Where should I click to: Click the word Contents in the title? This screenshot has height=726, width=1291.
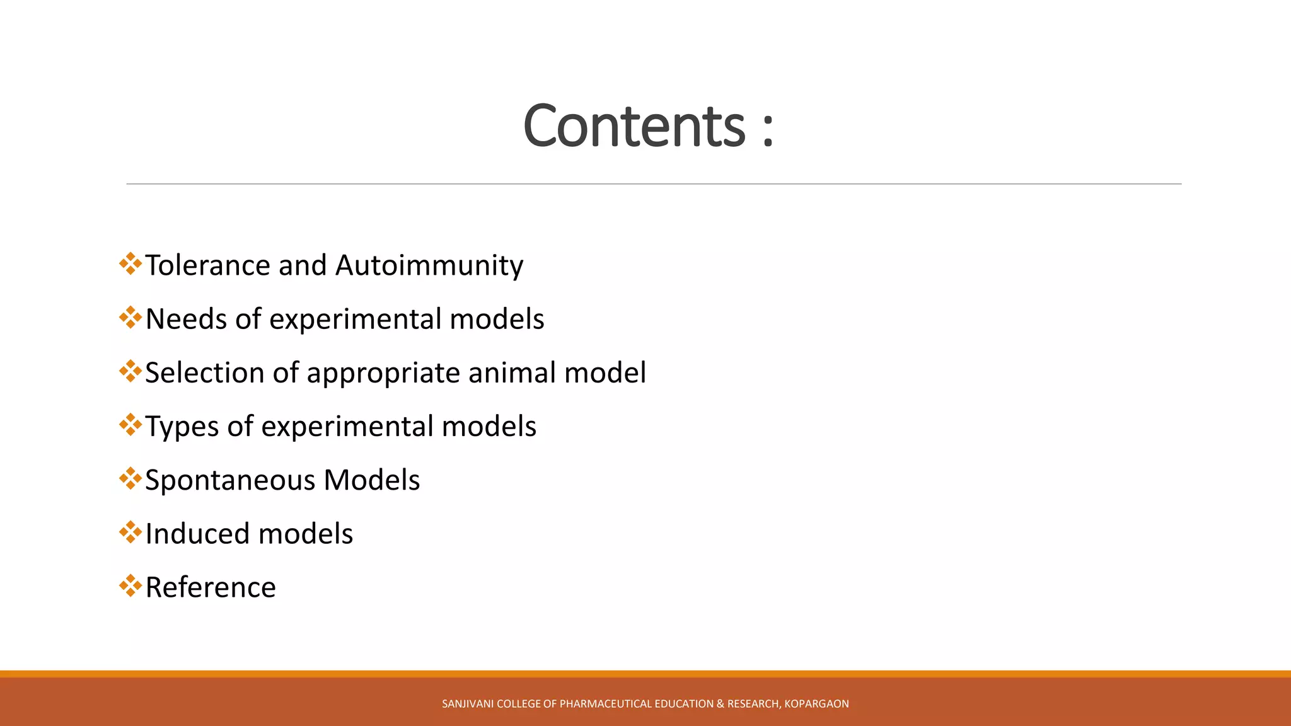click(634, 126)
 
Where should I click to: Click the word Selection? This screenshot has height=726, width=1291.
click(204, 372)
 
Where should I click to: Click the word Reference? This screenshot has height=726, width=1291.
click(211, 587)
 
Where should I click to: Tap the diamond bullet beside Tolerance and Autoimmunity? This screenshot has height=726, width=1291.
click(130, 263)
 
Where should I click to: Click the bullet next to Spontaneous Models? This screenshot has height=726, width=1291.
click(130, 478)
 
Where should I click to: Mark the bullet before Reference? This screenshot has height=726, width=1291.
click(130, 585)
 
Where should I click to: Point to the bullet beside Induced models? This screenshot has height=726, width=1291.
click(130, 532)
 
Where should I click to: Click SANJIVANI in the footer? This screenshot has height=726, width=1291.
click(468, 704)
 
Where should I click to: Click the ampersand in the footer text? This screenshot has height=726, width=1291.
click(721, 704)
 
